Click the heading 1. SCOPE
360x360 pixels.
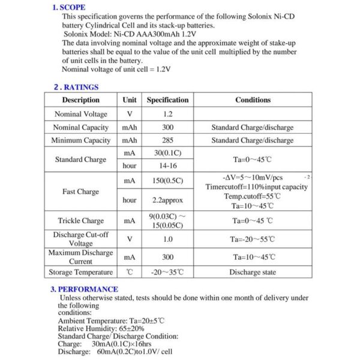coord(68,8)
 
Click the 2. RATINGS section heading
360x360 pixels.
coord(76,87)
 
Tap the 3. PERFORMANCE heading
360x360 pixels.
coord(84,289)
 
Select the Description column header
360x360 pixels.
coord(81,100)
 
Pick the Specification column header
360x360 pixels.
coord(167,100)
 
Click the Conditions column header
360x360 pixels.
coord(253,100)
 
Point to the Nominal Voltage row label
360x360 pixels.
coord(81,114)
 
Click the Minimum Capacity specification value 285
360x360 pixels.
coord(167,140)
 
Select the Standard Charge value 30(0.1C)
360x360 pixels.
coord(167,154)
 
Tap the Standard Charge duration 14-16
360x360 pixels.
coord(167,166)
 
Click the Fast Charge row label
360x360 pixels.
coord(81,192)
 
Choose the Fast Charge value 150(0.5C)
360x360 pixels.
coord(167,181)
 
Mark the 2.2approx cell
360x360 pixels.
coord(167,200)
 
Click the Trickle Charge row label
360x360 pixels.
coord(81,221)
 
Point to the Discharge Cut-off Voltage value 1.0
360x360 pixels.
coord(167,239)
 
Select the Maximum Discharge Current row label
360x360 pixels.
coord(81,257)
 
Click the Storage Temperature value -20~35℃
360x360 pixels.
coord(167,272)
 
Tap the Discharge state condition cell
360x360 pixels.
coord(253,272)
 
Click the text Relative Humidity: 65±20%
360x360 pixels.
coord(101,329)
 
